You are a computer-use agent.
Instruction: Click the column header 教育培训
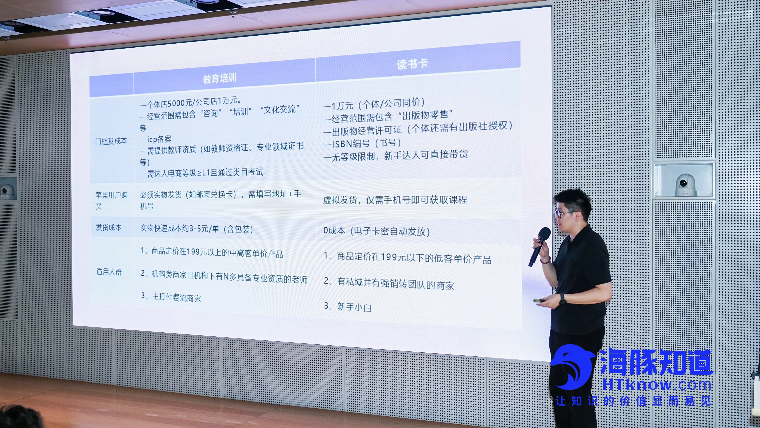click(x=220, y=78)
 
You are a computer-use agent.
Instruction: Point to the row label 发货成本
click(x=108, y=227)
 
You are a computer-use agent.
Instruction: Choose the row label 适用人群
click(x=109, y=271)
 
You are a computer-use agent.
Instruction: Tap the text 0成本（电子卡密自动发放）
click(x=376, y=231)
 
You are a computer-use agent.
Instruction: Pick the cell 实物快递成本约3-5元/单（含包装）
click(x=197, y=229)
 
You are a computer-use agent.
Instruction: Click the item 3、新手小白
click(x=348, y=307)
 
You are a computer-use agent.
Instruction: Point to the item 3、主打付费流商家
click(x=171, y=297)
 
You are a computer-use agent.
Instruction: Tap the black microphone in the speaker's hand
click(x=539, y=247)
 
